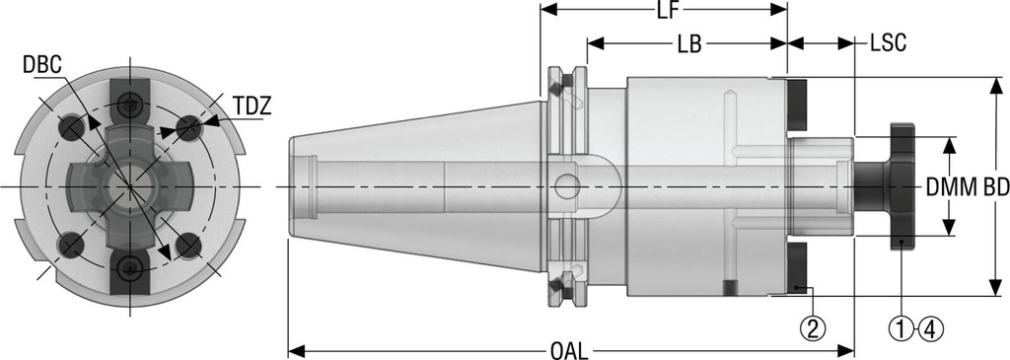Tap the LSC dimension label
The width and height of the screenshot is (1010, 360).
coord(888,44)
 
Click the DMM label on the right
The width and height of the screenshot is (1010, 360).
coord(944,186)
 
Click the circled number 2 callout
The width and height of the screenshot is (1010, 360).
coord(812,326)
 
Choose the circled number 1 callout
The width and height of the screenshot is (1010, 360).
coord(902,326)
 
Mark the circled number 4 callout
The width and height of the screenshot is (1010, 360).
coord(929,326)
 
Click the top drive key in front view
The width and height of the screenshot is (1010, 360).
coord(129,103)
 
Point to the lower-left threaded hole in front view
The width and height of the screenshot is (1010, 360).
coord(71,243)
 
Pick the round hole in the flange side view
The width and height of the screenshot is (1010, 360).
coord(566,185)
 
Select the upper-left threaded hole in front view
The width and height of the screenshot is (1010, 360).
coord(71,126)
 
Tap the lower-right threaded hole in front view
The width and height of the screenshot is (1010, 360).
coord(187,243)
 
